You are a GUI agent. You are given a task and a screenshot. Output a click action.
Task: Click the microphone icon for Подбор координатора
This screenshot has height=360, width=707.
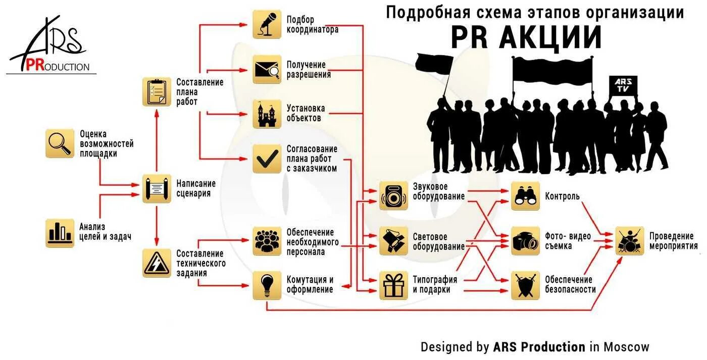[x=267, y=24]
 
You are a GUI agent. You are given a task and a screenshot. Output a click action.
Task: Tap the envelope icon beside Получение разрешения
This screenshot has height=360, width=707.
[x=267, y=69]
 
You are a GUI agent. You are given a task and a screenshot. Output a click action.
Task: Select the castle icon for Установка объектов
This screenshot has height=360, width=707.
[x=267, y=114]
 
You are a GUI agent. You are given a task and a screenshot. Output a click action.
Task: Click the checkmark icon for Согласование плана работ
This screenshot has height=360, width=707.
[x=267, y=159]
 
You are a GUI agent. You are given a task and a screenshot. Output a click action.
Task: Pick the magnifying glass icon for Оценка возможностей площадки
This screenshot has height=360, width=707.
[x=60, y=143]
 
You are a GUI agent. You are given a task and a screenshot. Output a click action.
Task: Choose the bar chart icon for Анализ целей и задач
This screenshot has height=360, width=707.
[x=60, y=233]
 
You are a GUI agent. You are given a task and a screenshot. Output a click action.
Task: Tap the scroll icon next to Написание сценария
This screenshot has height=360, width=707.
[x=157, y=188]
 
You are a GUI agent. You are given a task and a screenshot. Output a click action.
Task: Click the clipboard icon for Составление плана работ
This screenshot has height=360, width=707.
[x=157, y=91]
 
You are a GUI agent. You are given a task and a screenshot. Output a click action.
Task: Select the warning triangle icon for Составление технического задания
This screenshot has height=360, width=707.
[x=157, y=263]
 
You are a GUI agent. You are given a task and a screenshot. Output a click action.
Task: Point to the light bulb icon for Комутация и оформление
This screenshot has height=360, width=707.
[x=267, y=285]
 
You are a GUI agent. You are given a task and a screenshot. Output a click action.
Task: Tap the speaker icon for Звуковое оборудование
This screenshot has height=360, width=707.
[x=393, y=195]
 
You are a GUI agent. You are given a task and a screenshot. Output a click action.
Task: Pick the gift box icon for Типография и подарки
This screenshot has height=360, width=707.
[x=393, y=285]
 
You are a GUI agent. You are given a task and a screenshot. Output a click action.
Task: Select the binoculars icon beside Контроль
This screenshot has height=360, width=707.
[x=525, y=196]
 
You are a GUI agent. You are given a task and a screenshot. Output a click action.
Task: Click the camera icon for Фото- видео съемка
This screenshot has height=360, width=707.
[x=525, y=241]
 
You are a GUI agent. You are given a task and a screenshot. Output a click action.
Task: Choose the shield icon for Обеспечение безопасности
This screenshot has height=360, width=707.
[x=525, y=285]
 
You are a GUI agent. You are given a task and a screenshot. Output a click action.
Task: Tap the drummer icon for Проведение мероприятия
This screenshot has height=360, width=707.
[x=630, y=240]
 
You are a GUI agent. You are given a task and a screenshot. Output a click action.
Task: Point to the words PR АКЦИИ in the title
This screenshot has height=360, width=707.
[x=526, y=37]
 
